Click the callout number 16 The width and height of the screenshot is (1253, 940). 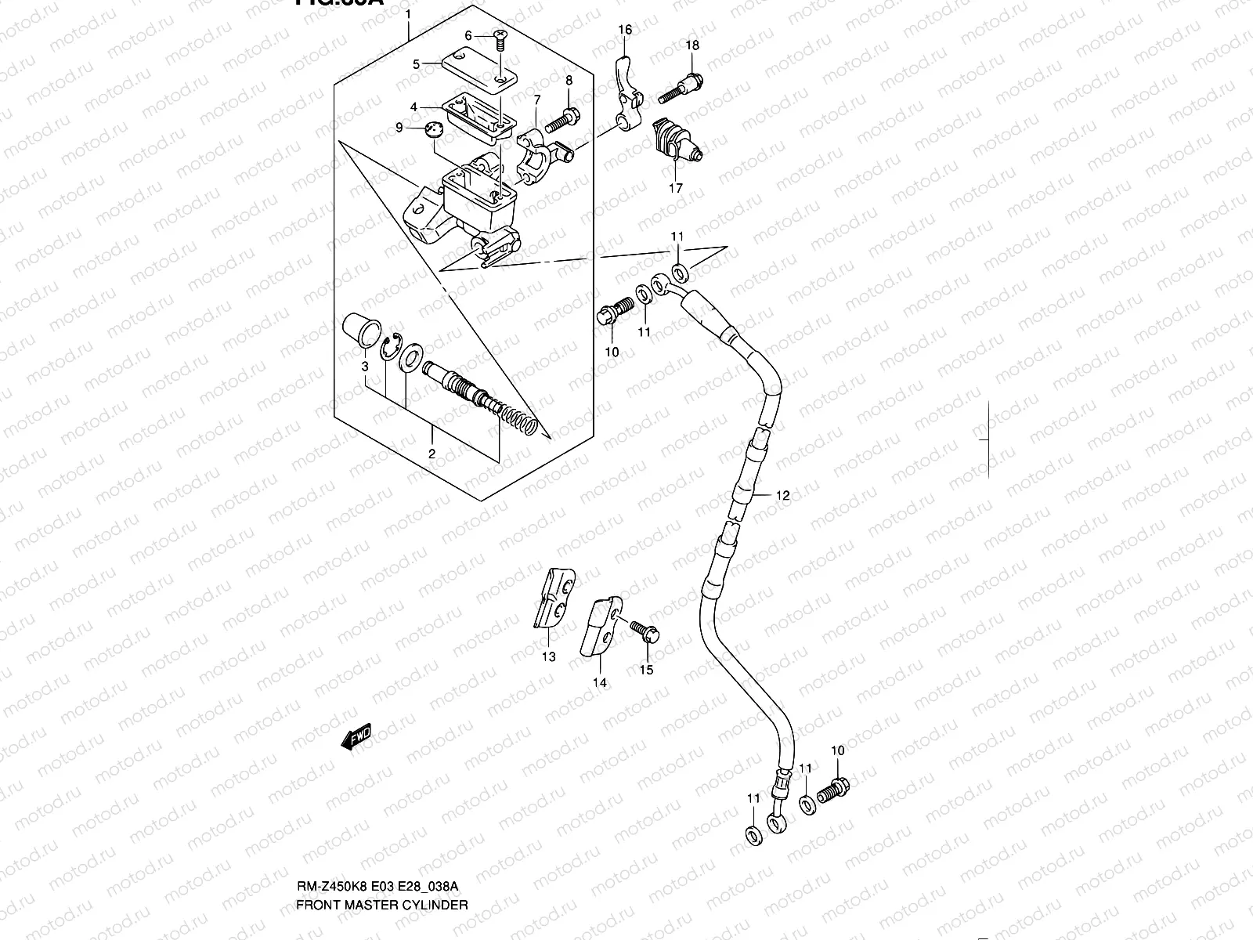tap(624, 30)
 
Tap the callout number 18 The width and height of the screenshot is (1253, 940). tap(692, 45)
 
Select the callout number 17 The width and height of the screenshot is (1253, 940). tap(675, 188)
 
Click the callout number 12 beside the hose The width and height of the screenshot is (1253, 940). tap(783, 495)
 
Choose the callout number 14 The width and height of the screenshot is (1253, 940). tap(599, 682)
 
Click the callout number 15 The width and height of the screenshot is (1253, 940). tap(646, 670)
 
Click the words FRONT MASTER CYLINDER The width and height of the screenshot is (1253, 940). tap(381, 905)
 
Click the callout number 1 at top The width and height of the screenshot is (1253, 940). tap(407, 15)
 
